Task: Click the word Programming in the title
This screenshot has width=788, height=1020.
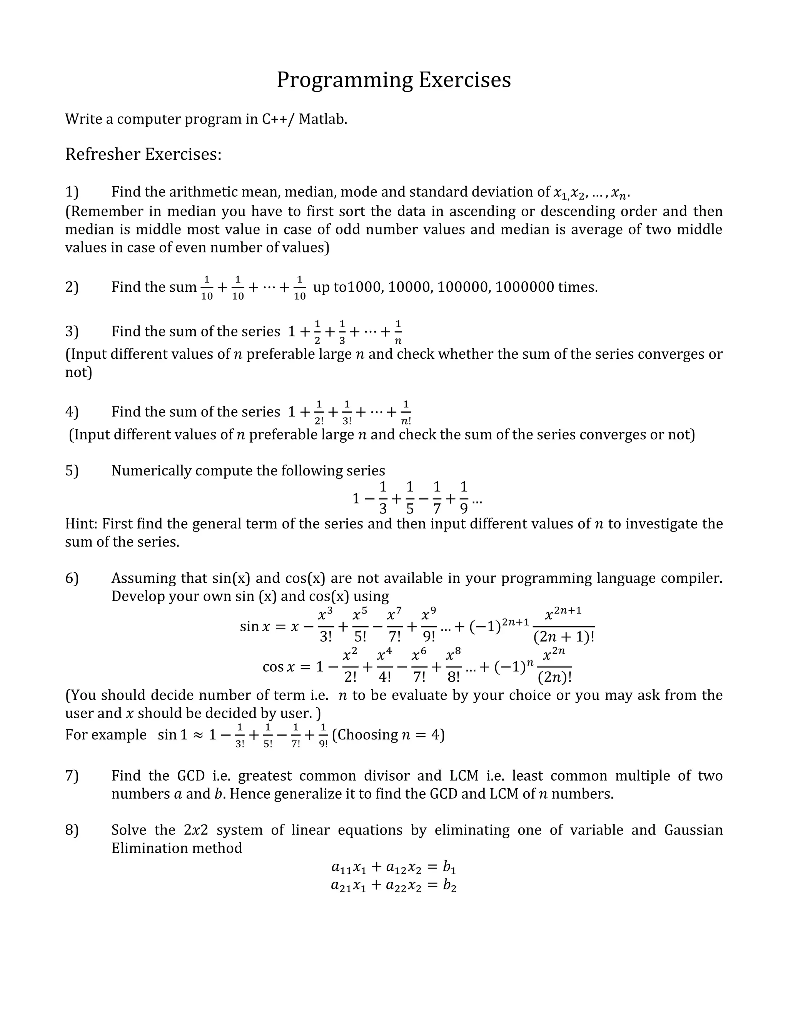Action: point(344,80)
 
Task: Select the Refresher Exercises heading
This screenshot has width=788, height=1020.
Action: point(143,154)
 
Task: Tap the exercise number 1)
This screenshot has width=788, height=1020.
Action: point(72,192)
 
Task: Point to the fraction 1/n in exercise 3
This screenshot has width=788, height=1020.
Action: point(398,332)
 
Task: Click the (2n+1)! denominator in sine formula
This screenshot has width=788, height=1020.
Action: point(563,637)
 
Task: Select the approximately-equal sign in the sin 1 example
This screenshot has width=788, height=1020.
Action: point(198,735)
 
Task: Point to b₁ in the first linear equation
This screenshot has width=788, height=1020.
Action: point(449,867)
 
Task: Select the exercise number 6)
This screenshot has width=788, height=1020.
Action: point(72,578)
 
